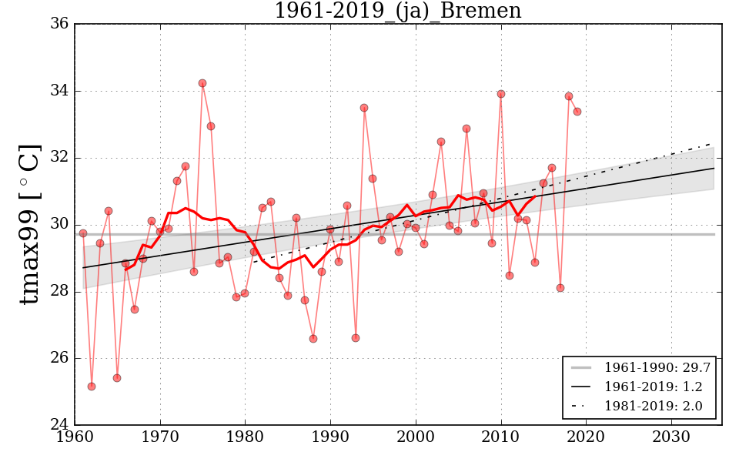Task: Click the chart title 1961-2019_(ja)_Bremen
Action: [x=397, y=12]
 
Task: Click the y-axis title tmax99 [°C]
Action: [x=30, y=224]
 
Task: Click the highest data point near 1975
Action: [x=202, y=83]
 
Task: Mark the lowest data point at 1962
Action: [x=92, y=387]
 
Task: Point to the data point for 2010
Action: [x=501, y=94]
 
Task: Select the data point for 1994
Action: [x=364, y=108]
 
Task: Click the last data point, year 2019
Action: [x=577, y=112]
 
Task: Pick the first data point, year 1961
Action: [x=83, y=233]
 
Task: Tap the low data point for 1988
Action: [x=313, y=339]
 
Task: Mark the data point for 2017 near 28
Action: [x=560, y=288]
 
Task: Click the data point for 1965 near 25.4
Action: [x=117, y=378]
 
